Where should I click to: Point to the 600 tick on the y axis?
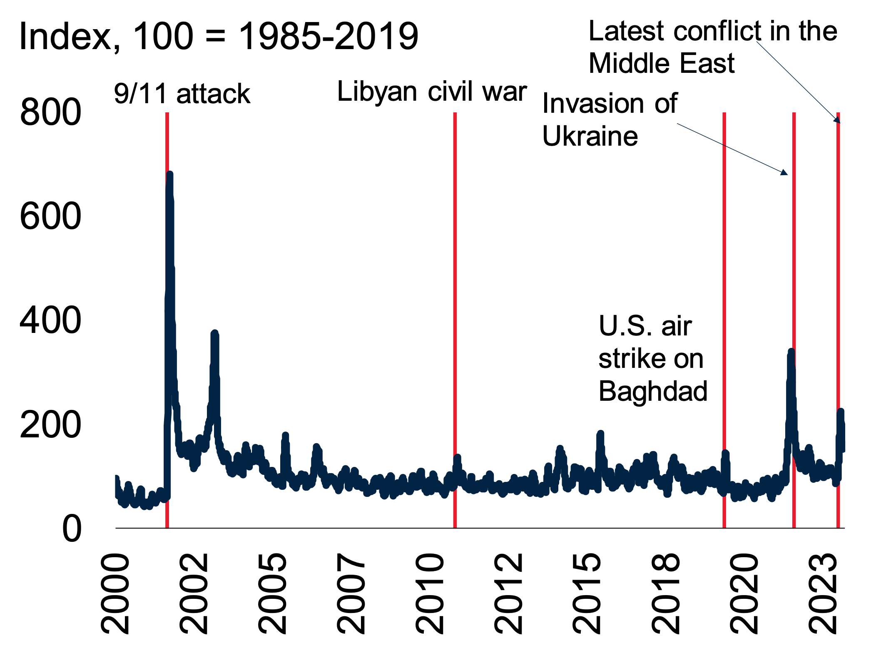click(50, 216)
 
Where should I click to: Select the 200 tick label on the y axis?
click(50, 425)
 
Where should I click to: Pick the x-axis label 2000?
click(116, 593)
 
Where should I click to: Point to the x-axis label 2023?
click(823, 593)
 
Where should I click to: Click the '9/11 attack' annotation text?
click(182, 94)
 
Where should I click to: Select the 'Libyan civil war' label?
click(432, 92)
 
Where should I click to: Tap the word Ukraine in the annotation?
click(590, 136)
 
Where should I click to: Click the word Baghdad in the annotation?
click(653, 391)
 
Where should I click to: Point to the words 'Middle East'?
click(662, 63)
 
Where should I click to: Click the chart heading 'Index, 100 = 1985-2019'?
click(219, 36)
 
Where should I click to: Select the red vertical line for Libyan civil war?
click(455, 291)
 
